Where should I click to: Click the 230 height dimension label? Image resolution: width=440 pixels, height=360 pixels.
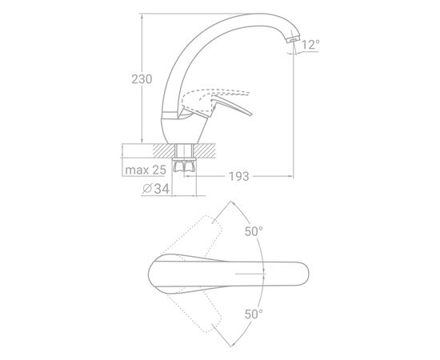(142, 79)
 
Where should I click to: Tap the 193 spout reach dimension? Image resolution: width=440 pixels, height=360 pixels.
(239, 177)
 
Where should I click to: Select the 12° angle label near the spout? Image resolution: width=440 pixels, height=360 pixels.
(310, 45)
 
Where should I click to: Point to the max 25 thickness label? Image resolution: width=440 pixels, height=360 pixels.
(146, 170)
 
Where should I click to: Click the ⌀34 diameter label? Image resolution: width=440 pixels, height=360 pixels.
(156, 189)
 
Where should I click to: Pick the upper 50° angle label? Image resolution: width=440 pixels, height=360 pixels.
(254, 231)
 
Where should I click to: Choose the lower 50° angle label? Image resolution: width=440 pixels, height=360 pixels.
(254, 314)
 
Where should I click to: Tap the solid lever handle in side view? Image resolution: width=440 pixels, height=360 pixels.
(230, 106)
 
